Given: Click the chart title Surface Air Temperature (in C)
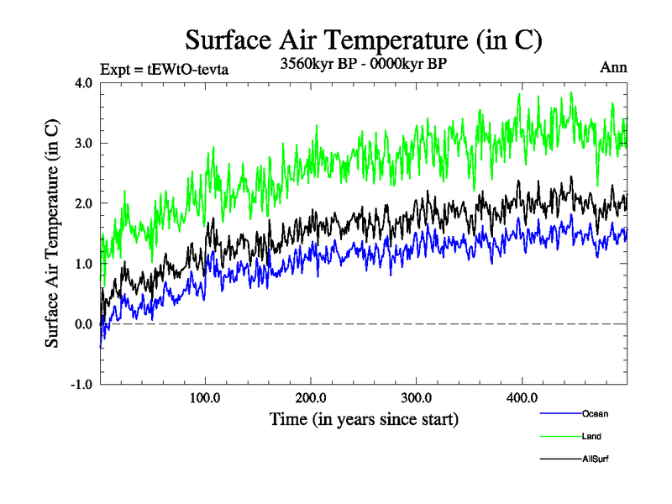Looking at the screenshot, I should point(364,39).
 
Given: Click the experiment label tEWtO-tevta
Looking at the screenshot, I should point(164,69).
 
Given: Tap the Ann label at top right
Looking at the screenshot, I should point(613,68).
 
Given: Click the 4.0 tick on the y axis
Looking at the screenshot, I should point(83,82).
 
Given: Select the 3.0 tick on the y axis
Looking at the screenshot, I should point(83,143).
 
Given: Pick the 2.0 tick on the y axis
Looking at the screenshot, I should point(83,203).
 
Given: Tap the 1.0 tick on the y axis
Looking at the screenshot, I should point(83,264).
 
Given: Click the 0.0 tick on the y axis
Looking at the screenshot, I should point(83,324).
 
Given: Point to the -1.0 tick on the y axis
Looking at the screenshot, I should point(81,385).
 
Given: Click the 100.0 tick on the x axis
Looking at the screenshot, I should point(205,397).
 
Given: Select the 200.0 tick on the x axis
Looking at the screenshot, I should point(311,397).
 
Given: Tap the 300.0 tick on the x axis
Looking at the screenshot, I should point(417,397).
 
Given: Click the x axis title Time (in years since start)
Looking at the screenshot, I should point(364,418).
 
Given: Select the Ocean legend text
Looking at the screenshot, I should point(595,413).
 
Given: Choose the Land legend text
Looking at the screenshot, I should point(591,436).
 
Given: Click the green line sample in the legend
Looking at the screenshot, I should point(559,436).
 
